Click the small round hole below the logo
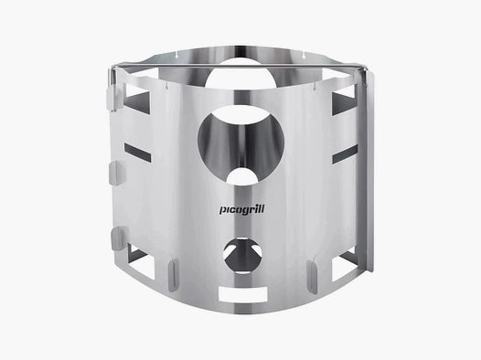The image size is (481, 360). coord(240,256)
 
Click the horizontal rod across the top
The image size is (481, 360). coord(240,69)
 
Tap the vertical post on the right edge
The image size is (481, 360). coord(369,174)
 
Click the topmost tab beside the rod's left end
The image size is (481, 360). coord(111,90)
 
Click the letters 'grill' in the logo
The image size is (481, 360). coord(251,217)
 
